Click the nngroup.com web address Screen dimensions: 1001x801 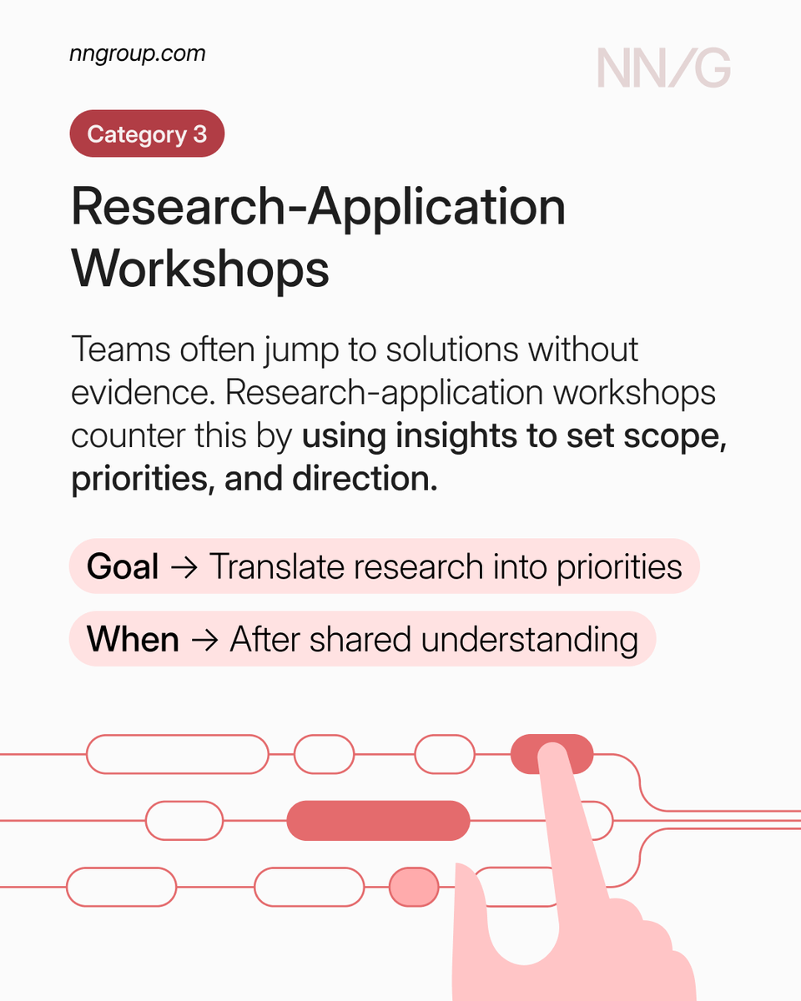tap(137, 55)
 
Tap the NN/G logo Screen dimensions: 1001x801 tap(663, 68)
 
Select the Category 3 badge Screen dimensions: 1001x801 tap(147, 133)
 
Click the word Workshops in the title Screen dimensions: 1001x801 tap(200, 268)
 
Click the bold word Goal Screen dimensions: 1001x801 tap(123, 567)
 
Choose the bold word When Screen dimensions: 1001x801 tap(133, 640)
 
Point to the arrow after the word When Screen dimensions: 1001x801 tap(203, 641)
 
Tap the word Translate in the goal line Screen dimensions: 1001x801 tap(275, 567)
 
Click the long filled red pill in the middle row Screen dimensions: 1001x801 tap(378, 821)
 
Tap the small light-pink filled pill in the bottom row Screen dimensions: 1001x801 tap(414, 886)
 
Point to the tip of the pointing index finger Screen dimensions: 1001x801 tap(551, 755)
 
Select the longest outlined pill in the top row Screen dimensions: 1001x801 tap(178, 754)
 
